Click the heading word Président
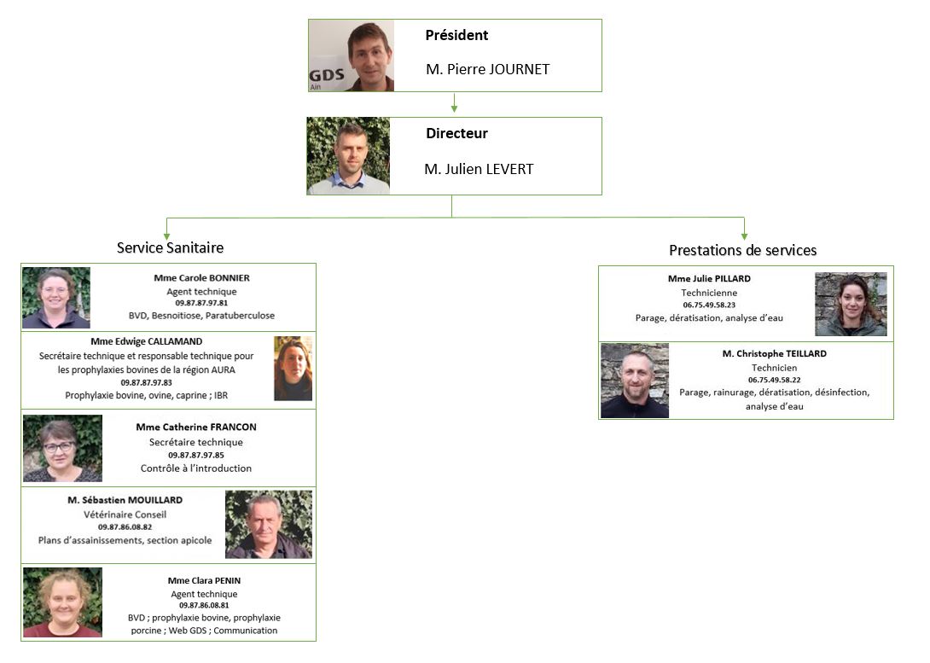[456, 36]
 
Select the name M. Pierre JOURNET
[487, 69]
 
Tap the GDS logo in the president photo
[327, 76]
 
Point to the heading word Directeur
[456, 134]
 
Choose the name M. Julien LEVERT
[478, 169]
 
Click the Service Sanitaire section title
[170, 247]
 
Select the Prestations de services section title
[742, 250]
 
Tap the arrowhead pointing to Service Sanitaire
[166, 233]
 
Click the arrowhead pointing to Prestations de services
[744, 233]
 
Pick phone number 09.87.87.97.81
[201, 303]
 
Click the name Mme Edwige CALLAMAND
[146, 341]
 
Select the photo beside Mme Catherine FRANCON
[62, 448]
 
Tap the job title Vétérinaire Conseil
[125, 515]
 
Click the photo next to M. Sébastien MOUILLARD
[268, 524]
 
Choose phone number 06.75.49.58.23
[709, 305]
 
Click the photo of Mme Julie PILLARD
[851, 304]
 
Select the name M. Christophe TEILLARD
[774, 353]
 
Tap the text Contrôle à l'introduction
[196, 468]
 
